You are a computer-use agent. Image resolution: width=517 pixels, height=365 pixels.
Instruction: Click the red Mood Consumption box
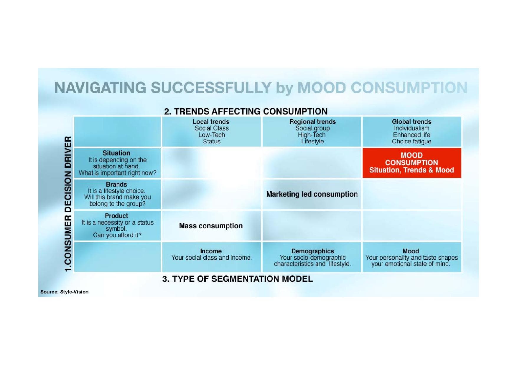(411, 163)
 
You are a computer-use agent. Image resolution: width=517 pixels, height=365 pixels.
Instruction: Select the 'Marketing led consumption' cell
(312, 194)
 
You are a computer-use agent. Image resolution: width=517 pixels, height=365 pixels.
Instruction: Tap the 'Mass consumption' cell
(211, 226)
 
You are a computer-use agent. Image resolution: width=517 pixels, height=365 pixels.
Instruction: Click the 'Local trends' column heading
(211, 122)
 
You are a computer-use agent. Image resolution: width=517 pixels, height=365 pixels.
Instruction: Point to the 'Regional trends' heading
(312, 122)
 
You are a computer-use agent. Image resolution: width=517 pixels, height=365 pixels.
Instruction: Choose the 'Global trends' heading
(411, 122)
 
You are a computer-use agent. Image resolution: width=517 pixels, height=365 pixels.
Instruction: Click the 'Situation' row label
(116, 153)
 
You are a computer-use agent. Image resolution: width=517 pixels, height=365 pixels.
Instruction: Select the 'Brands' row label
(116, 185)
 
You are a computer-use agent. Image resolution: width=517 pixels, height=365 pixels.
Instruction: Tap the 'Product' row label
(116, 216)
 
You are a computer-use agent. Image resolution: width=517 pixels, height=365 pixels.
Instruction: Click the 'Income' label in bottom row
(211, 251)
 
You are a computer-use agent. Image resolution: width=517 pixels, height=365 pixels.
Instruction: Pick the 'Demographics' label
(312, 251)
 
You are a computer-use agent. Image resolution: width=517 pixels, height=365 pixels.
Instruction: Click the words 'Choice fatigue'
(411, 141)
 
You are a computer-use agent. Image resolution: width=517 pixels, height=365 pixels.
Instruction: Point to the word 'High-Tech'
(312, 135)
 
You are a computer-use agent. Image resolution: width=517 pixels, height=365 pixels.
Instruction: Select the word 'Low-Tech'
(212, 135)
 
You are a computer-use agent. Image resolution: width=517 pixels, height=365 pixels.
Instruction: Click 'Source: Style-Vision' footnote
(64, 292)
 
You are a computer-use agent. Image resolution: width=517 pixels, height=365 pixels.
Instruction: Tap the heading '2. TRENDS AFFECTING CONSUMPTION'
(246, 111)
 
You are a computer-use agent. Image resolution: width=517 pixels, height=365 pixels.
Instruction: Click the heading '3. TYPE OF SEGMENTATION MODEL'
(237, 279)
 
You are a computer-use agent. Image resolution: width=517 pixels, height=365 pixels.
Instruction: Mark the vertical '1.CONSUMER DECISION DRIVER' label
(68, 204)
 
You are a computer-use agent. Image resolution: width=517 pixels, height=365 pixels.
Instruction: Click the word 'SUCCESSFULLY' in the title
(211, 88)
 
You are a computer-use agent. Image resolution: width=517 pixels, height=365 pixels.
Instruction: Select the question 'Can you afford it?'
(117, 235)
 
